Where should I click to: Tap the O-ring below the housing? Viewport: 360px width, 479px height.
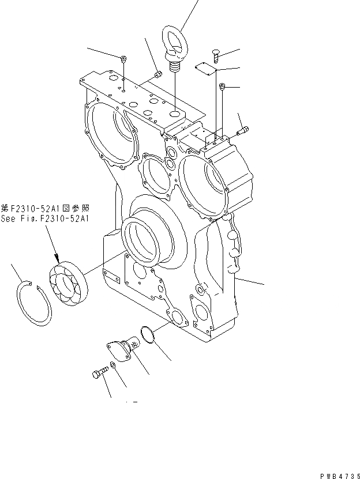click(x=148, y=336)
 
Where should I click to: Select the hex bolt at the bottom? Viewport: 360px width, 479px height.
click(x=99, y=372)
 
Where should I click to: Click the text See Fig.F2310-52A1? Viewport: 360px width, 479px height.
click(x=46, y=218)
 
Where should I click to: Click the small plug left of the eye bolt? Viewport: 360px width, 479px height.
click(x=157, y=73)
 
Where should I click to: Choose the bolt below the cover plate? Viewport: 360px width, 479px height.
click(x=222, y=88)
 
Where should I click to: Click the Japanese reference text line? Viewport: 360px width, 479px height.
click(x=46, y=208)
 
